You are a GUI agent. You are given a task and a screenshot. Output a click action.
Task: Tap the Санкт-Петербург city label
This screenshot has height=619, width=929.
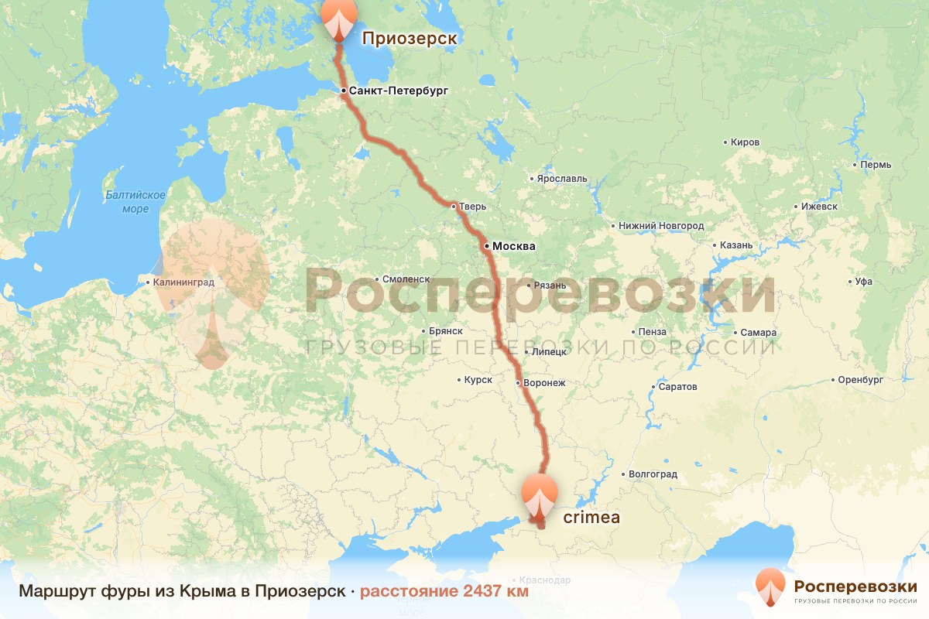click(x=399, y=91)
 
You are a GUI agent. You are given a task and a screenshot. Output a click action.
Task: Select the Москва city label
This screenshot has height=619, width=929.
click(x=514, y=247)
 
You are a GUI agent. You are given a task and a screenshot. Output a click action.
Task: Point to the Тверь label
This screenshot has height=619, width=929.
click(x=472, y=207)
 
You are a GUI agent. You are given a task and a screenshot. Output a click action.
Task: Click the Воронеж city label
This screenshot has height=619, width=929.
click(x=545, y=383)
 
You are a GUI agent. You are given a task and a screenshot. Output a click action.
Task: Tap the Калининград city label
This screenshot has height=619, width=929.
click(x=183, y=283)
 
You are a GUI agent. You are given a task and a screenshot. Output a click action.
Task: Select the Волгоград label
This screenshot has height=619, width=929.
click(x=654, y=474)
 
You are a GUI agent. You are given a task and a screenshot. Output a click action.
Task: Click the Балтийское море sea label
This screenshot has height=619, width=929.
click(x=135, y=202)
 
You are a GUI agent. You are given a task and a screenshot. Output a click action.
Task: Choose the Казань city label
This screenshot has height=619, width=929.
click(x=735, y=245)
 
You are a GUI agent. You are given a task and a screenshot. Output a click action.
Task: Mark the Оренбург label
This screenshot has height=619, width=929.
click(x=860, y=380)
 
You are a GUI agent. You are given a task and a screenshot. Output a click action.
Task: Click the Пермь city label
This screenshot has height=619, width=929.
click(x=875, y=165)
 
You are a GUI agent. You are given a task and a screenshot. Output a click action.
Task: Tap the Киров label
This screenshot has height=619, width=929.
click(x=746, y=142)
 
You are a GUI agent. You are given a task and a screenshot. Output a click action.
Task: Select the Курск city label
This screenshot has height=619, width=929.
click(x=478, y=380)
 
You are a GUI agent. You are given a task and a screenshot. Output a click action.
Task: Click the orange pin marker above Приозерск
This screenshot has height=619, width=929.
click(x=338, y=17)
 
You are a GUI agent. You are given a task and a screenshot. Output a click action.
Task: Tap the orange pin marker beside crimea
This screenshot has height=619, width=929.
click(x=539, y=495)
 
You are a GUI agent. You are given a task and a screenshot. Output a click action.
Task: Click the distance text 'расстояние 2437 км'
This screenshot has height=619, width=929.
click(x=444, y=592)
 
